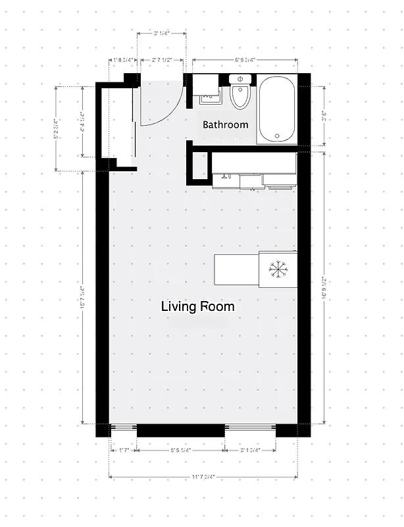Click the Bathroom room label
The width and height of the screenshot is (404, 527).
(x=225, y=125)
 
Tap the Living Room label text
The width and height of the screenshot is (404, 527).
(x=197, y=307)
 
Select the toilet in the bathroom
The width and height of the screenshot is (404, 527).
(x=240, y=99)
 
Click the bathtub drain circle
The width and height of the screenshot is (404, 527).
(x=277, y=136)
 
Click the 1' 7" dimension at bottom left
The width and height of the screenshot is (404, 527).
(x=123, y=451)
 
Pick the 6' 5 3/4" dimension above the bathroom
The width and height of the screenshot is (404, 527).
(x=245, y=60)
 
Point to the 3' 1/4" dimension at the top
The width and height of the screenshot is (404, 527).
(x=162, y=34)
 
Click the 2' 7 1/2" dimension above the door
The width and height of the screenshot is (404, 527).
(x=162, y=60)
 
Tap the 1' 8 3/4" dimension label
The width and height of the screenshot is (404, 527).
(x=123, y=60)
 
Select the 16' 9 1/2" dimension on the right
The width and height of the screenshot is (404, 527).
(x=325, y=287)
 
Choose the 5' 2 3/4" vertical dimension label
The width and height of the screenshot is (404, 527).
(x=57, y=129)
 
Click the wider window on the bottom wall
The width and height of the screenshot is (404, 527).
(x=250, y=431)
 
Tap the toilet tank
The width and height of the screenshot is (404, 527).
(x=240, y=79)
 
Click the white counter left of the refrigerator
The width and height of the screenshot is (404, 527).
(x=236, y=269)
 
